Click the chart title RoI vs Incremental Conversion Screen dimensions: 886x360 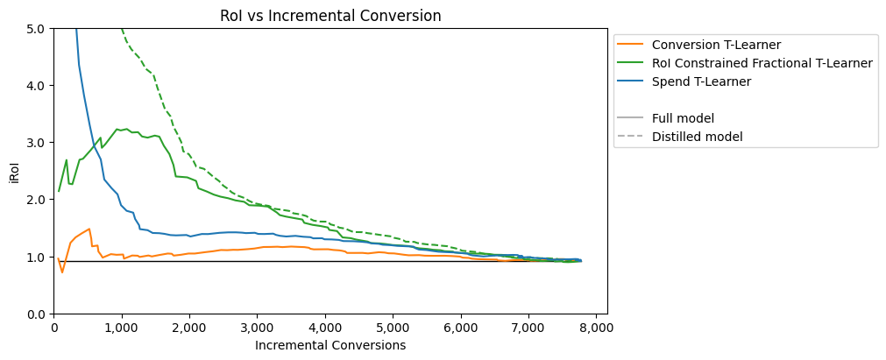pyautogui.click(x=330, y=16)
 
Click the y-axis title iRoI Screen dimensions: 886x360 pyautogui.click(x=17, y=171)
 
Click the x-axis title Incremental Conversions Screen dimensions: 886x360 pyautogui.click(x=330, y=345)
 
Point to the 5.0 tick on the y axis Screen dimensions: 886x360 pyautogui.click(x=39, y=28)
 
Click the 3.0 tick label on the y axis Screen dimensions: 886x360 pyautogui.click(x=39, y=143)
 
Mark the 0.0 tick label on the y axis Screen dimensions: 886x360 pyautogui.click(x=39, y=314)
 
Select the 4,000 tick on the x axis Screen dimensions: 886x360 pyautogui.click(x=325, y=328)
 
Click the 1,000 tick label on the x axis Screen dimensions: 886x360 pyautogui.click(x=122, y=328)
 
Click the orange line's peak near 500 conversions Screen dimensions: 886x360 pyautogui.click(x=89, y=229)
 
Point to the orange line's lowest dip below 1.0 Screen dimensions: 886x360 pyautogui.click(x=62, y=272)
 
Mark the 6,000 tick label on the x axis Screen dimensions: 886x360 pyautogui.click(x=460, y=328)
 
